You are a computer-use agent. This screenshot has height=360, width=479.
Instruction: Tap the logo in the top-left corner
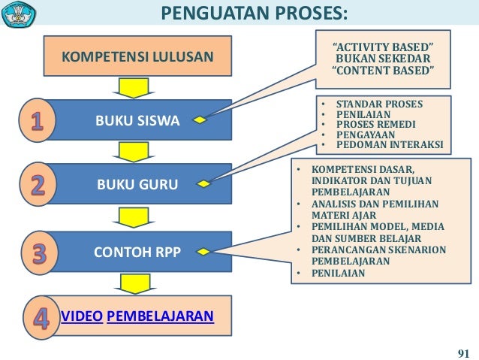[x=20, y=14]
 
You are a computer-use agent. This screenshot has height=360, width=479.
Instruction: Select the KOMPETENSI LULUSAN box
[x=137, y=56]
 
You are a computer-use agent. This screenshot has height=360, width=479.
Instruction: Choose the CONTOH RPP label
[x=137, y=253]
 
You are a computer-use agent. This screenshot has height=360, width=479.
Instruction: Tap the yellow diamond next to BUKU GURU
[x=203, y=183]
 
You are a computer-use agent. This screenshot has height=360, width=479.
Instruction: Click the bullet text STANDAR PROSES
[x=379, y=103]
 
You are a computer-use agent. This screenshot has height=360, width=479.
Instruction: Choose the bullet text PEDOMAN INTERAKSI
[x=389, y=144]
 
